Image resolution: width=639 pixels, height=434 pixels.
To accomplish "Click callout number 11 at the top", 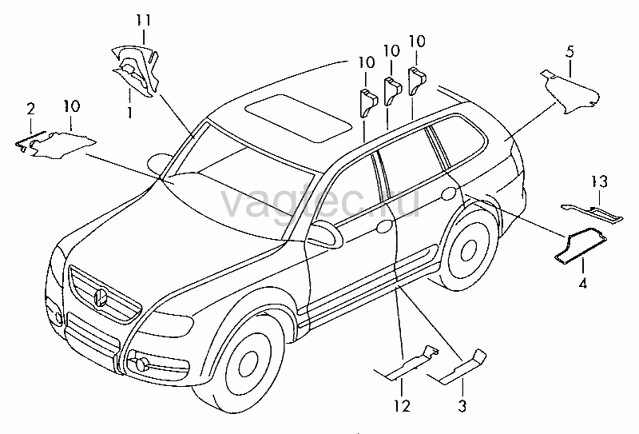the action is (x=144, y=21).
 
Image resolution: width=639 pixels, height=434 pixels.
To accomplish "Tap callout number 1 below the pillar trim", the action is (x=129, y=112).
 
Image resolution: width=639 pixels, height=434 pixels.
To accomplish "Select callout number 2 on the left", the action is (x=30, y=109).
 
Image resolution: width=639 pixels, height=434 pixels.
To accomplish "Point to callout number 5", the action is (x=570, y=52).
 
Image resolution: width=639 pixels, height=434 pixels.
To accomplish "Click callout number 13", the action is (x=600, y=181).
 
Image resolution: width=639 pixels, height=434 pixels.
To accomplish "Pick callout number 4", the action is (x=583, y=283).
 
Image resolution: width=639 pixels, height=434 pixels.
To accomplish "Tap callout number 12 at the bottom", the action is (x=402, y=406).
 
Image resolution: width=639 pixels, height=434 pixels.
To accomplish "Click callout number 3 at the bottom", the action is (x=462, y=406).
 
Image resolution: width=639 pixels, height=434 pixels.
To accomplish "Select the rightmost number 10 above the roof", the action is (x=417, y=42).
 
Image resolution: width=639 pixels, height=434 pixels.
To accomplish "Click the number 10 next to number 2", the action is (x=72, y=106).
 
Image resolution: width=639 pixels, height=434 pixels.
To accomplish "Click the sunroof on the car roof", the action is (x=298, y=118).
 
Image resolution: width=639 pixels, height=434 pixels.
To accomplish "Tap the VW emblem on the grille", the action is (x=101, y=297).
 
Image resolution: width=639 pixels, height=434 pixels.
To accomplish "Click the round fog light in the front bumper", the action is (x=141, y=364).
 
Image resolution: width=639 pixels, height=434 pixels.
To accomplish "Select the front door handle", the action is (x=384, y=226).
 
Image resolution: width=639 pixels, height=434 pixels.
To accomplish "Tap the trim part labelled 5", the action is (x=571, y=91).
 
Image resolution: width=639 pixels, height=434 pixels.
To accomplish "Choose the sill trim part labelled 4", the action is (x=581, y=245).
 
